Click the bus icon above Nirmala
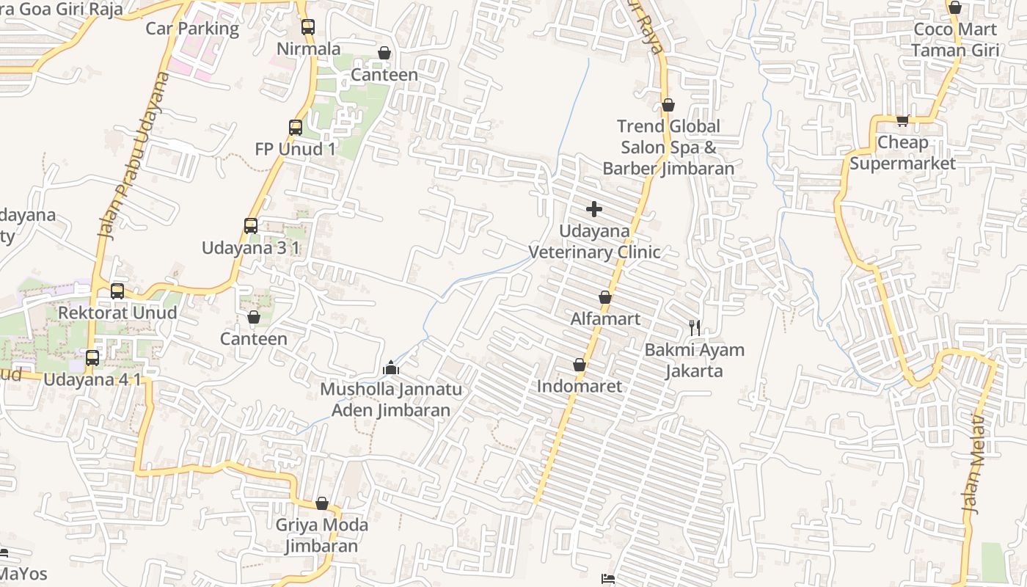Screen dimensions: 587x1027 pyautogui.click(x=307, y=27)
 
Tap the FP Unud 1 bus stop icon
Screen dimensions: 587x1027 pyautogui.click(x=296, y=128)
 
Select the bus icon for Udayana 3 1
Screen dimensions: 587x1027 pyautogui.click(x=251, y=226)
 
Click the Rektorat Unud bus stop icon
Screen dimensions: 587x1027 pyautogui.click(x=117, y=291)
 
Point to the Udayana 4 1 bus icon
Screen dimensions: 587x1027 pyautogui.click(x=92, y=358)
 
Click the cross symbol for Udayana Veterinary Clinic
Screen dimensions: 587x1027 pyautogui.click(x=594, y=210)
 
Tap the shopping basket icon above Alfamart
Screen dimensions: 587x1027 pyautogui.click(x=605, y=297)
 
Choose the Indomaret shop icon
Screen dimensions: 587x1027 pyautogui.click(x=580, y=365)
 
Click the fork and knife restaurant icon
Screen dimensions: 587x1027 pyautogui.click(x=694, y=328)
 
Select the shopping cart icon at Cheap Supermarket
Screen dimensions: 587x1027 pyautogui.click(x=902, y=121)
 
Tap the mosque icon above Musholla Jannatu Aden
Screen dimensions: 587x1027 pyautogui.click(x=391, y=367)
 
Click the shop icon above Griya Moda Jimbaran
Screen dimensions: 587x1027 pyautogui.click(x=322, y=503)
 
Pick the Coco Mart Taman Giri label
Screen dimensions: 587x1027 pyautogui.click(x=955, y=40)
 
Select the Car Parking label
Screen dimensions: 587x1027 pyautogui.click(x=192, y=29)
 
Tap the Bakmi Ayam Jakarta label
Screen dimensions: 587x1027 pyautogui.click(x=694, y=360)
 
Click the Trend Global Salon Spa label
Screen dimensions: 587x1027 pyautogui.click(x=668, y=147)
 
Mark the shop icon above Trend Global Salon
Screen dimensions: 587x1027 pyautogui.click(x=668, y=106)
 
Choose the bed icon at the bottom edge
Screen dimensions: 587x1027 pyautogui.click(x=608, y=580)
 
